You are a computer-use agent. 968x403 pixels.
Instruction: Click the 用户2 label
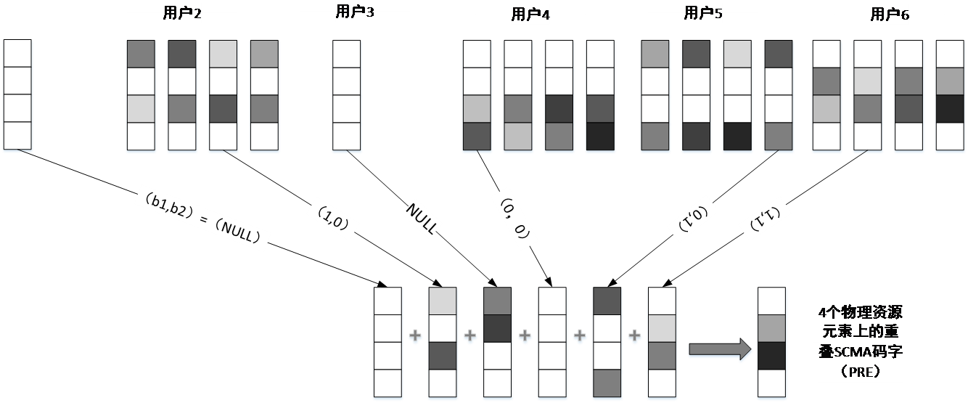[181, 15]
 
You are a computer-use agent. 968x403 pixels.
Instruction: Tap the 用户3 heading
[355, 12]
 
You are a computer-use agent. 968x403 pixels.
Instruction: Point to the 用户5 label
[703, 14]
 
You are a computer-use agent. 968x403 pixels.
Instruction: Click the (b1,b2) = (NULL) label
[203, 218]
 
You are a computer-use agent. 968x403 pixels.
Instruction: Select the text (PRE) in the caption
[861, 372]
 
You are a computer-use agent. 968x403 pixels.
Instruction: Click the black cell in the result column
[771, 356]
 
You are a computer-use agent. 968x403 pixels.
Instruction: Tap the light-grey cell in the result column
[771, 328]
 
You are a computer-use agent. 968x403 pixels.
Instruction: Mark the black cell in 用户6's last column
[948, 108]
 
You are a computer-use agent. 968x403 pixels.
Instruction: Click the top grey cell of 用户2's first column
[141, 54]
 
